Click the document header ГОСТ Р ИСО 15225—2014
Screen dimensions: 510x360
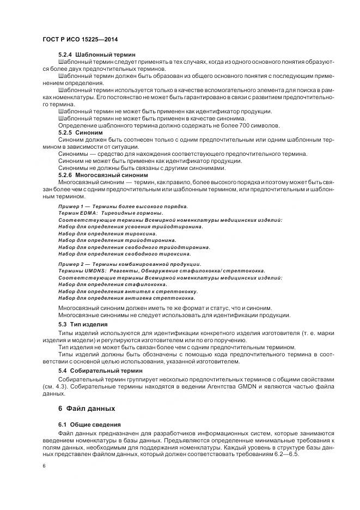[80, 40]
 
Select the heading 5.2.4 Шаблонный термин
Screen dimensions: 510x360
[97, 55]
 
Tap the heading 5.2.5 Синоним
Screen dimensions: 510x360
[80, 132]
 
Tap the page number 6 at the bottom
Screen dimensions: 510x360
[44, 466]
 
